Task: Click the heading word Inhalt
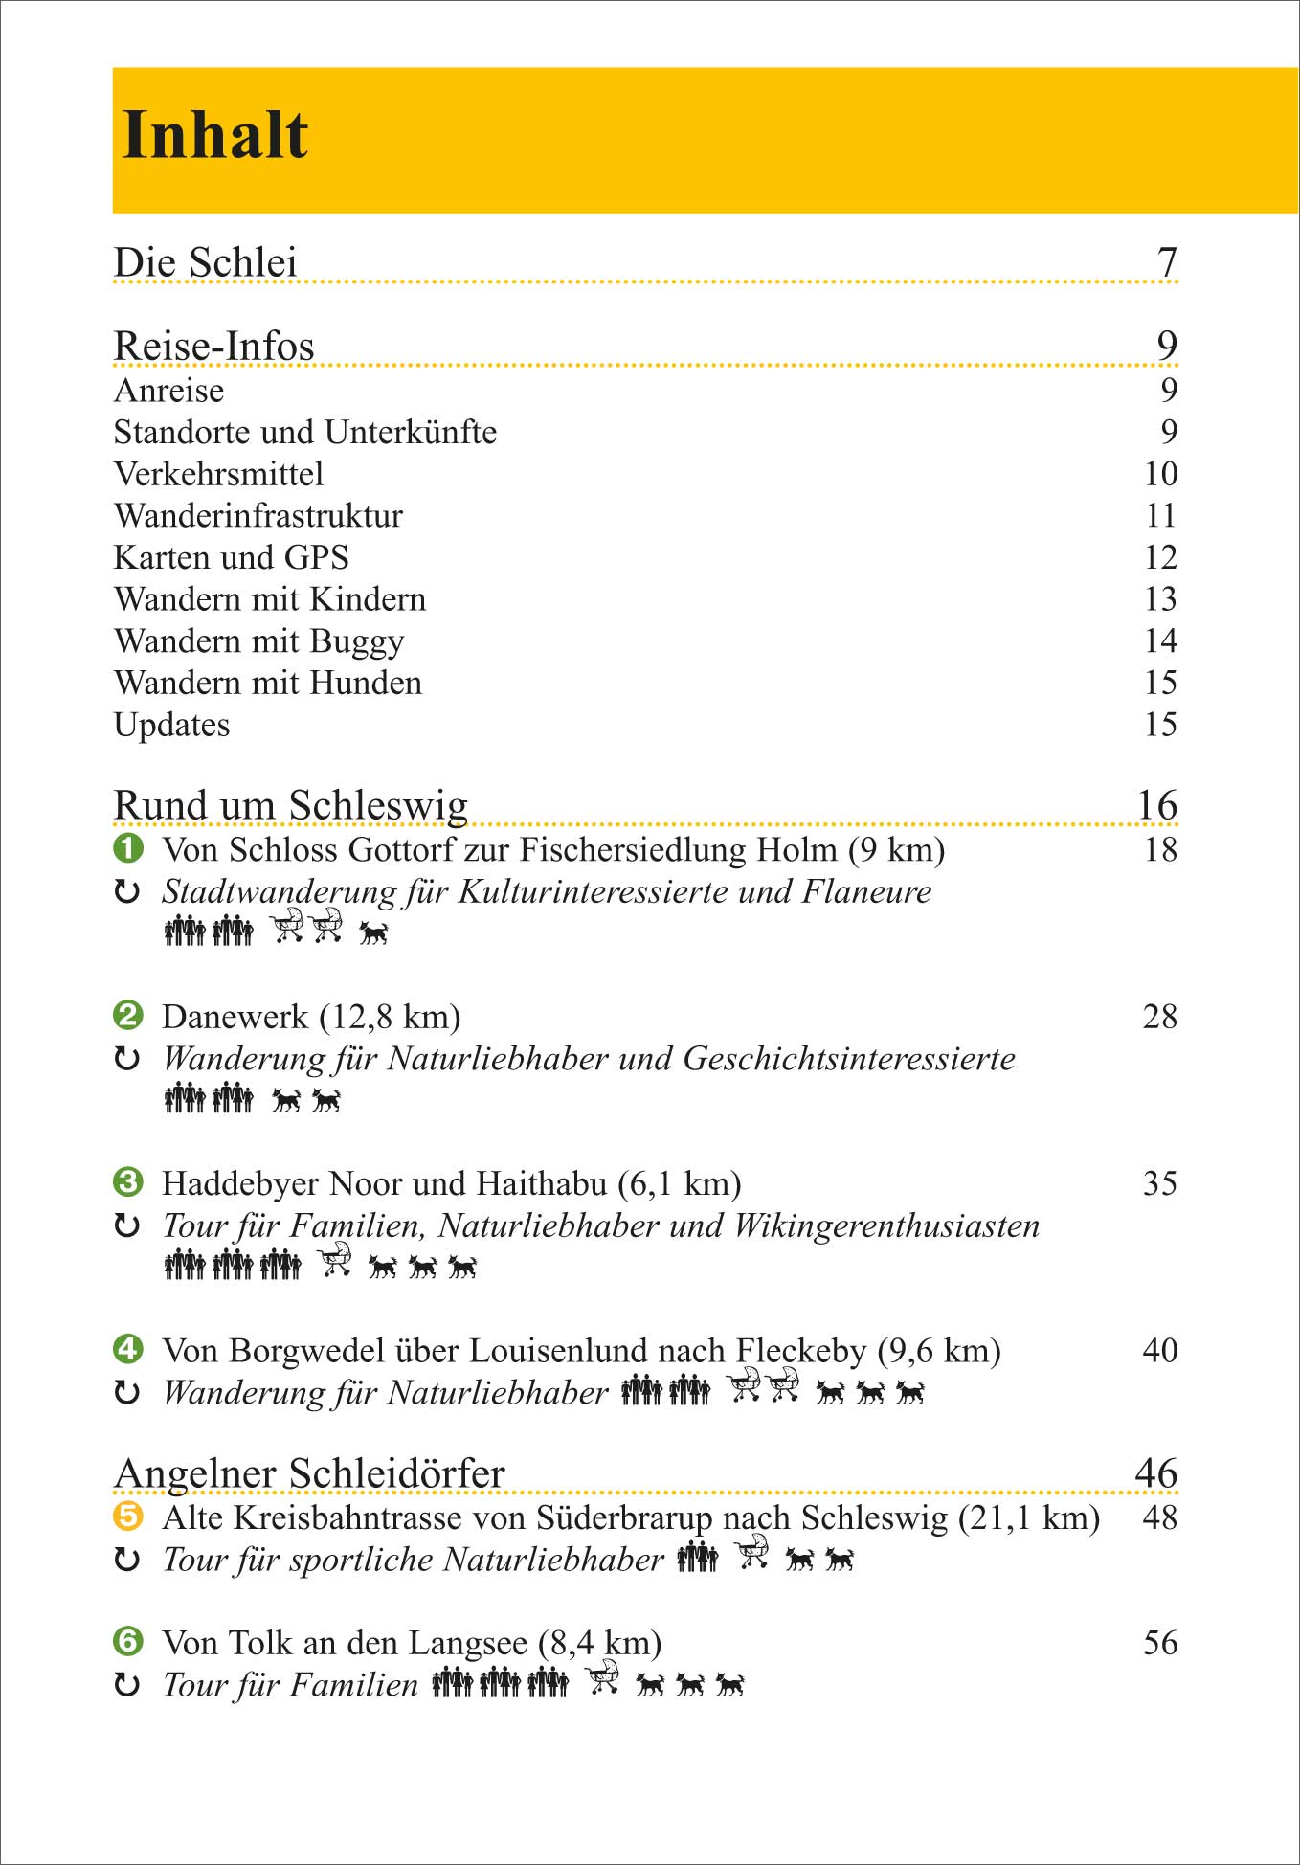point(215,135)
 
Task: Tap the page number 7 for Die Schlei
point(1167,262)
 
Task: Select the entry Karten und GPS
point(231,557)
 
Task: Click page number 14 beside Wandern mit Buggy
point(1160,640)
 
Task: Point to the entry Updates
point(171,725)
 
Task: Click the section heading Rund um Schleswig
point(290,805)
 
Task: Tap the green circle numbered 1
point(128,848)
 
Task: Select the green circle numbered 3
point(128,1182)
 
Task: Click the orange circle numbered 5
point(128,1517)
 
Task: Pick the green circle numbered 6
point(128,1642)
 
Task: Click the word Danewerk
point(235,1017)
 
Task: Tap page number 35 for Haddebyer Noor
point(1160,1183)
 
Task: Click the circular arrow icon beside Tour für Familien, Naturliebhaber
point(127,1225)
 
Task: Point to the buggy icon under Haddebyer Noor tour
point(334,1260)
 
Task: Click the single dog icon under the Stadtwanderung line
point(373,932)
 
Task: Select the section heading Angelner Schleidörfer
point(308,1473)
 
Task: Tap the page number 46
point(1156,1473)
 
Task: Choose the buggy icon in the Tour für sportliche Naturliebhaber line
point(752,1552)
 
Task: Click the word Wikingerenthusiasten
point(886,1225)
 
